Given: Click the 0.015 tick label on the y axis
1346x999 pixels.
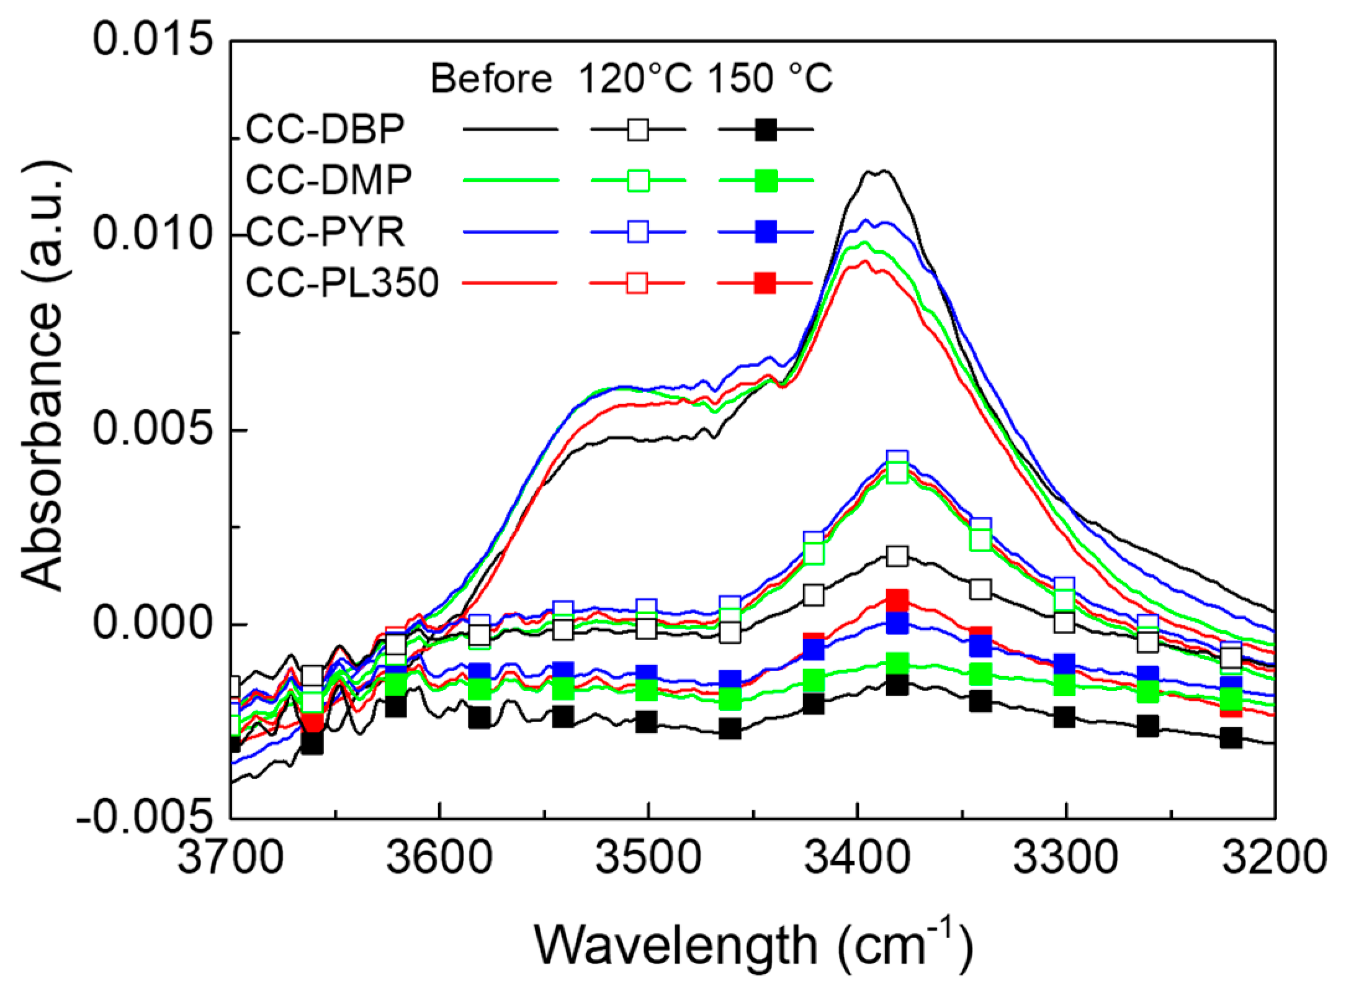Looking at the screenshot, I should (153, 41).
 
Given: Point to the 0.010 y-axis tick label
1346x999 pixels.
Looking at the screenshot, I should (153, 235).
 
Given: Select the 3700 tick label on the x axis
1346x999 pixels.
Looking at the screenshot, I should (230, 858).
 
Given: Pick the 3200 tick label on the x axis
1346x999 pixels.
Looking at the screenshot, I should (1273, 858).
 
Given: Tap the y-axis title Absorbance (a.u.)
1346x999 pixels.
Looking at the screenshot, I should (43, 376).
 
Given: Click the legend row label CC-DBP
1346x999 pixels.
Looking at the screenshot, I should (325, 129).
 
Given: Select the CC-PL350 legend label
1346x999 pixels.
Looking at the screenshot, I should (343, 283).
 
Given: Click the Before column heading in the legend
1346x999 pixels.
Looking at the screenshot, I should (491, 79).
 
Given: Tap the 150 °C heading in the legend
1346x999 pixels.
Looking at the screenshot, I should (769, 79).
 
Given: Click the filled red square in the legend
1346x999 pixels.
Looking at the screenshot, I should (765, 283).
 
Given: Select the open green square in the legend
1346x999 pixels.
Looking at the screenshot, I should (638, 181).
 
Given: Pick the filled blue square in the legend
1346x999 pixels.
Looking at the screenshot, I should (766, 232).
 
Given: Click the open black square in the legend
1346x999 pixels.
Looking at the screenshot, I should (638, 130).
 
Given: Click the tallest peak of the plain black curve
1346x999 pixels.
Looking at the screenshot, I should (877, 172).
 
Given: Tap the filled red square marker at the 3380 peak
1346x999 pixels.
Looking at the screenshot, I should (897, 600).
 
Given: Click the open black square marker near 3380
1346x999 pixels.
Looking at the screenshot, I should (897, 556).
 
